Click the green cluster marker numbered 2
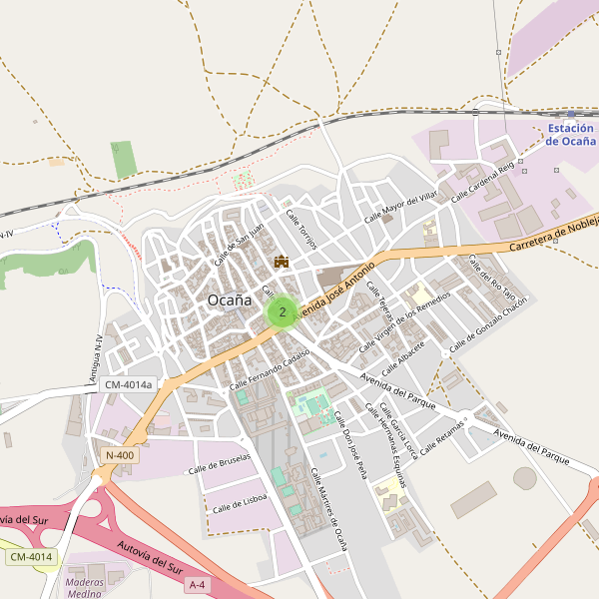click(283, 312)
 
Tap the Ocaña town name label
click(229, 299)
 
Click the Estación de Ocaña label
click(571, 135)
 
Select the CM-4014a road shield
click(129, 384)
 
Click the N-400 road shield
click(119, 455)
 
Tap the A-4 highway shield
click(197, 584)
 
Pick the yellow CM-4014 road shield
click(33, 556)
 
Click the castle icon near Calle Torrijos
click(283, 262)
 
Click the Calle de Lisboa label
click(239, 504)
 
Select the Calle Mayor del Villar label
click(401, 206)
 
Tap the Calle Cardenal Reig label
click(482, 182)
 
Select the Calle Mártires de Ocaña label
click(327, 509)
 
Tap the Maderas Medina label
click(85, 586)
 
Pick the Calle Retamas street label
click(443, 438)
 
